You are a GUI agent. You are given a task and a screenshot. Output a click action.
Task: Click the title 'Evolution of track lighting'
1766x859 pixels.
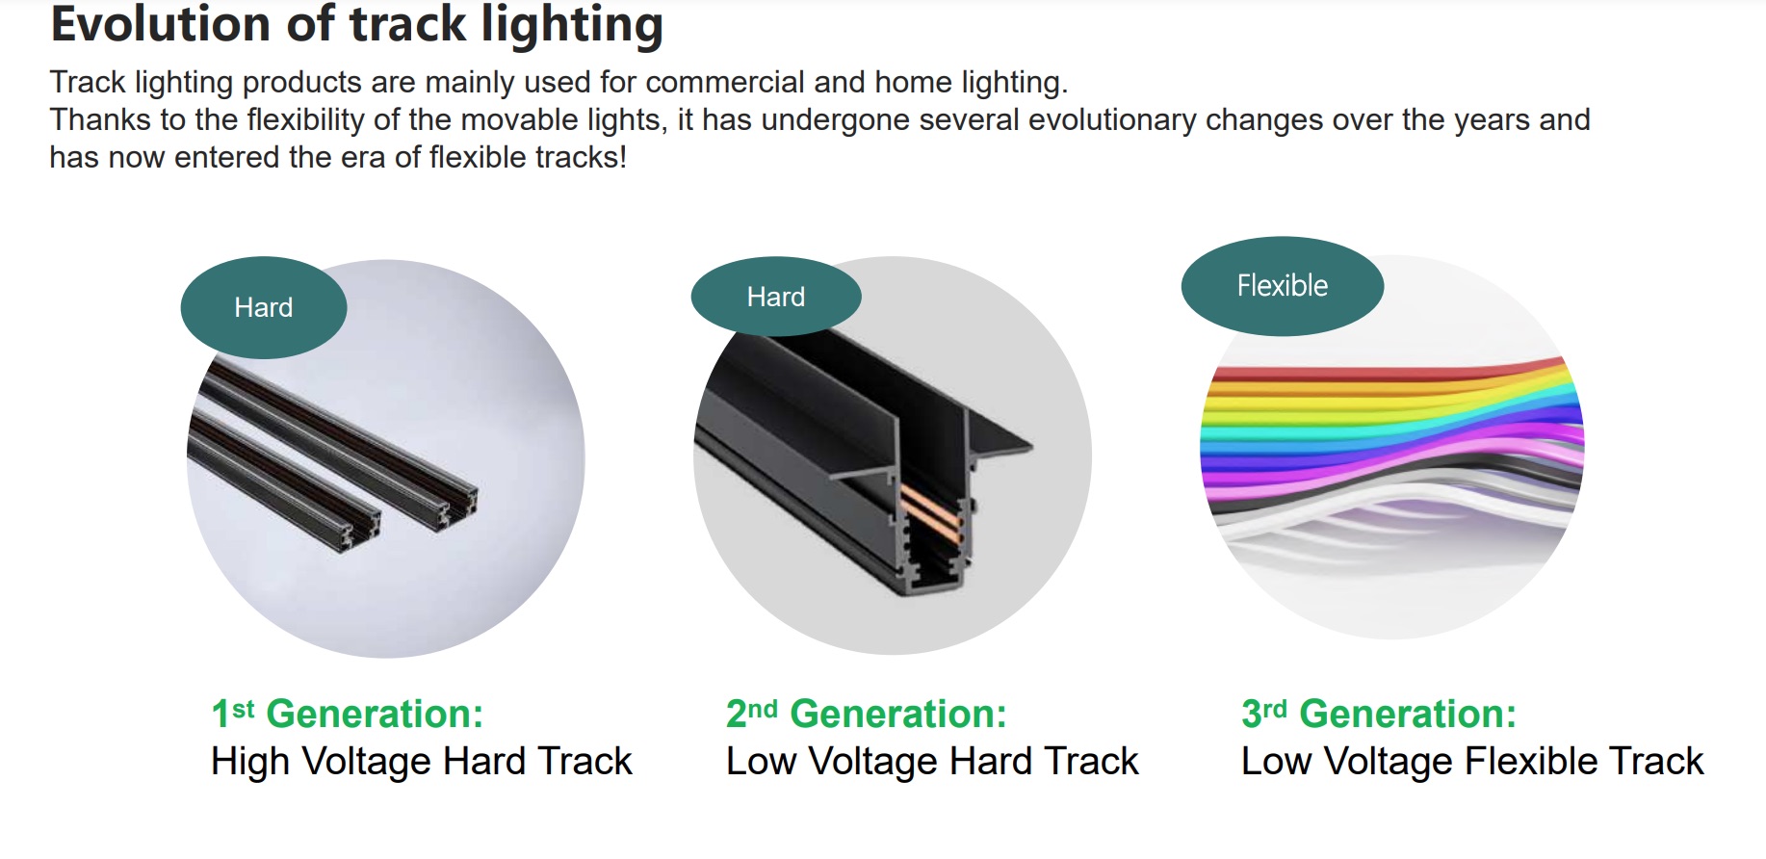[356, 25]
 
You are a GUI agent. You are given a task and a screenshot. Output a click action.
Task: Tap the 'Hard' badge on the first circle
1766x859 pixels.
[264, 307]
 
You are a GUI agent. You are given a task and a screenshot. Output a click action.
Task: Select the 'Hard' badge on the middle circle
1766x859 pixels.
[776, 297]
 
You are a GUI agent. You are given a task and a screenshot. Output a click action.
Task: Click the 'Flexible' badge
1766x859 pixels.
[1283, 286]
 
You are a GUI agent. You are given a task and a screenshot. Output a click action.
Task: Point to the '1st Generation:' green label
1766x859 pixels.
[348, 714]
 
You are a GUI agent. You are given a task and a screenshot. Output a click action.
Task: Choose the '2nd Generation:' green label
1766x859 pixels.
[867, 714]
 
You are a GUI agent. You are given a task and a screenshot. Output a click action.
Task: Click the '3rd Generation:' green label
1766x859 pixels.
[1379, 714]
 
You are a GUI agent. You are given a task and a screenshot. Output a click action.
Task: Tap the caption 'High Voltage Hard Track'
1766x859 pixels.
[422, 762]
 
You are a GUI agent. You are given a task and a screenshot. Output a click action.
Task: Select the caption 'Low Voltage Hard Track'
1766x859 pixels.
[932, 762]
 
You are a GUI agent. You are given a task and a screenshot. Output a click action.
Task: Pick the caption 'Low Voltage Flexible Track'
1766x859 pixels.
[1472, 762]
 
